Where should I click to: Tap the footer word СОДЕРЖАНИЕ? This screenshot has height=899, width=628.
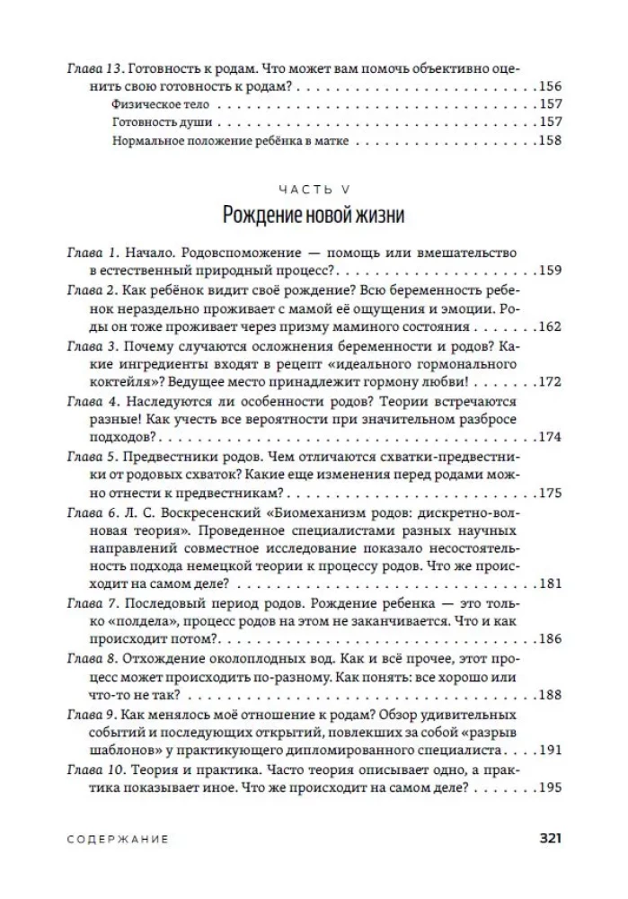click(118, 839)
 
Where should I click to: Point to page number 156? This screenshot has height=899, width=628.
click(548, 86)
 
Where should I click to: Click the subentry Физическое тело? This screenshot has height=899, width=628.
click(161, 104)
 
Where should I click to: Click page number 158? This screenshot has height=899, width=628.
click(548, 140)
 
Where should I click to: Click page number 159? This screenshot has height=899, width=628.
click(548, 271)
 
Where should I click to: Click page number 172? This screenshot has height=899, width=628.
click(548, 381)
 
